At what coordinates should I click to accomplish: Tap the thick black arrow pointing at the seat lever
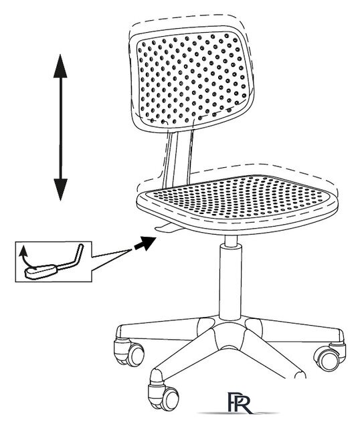pyautogui.click(x=145, y=243)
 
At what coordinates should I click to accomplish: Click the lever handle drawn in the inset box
pyautogui.click(x=41, y=272)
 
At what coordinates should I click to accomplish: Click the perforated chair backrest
pyautogui.click(x=191, y=78)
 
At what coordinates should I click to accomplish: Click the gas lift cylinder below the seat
pyautogui.click(x=231, y=278)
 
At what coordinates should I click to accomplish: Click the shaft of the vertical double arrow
pyautogui.click(x=60, y=128)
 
